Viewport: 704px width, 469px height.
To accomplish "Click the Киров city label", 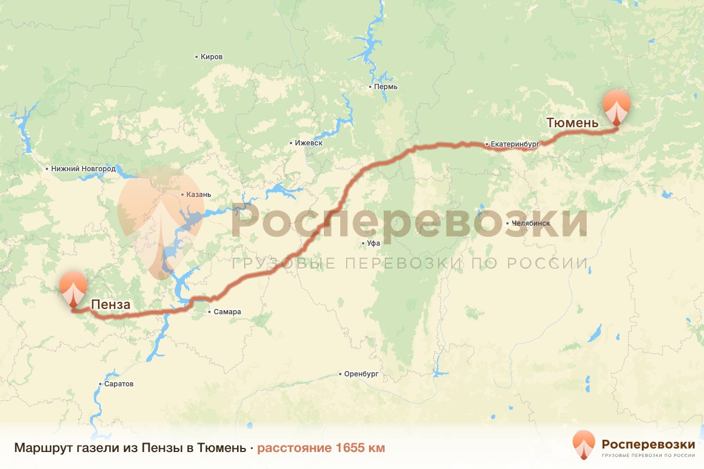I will coord(212,57).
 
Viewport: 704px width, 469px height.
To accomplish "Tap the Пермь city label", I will coord(385,87).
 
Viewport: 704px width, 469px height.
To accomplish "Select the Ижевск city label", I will coord(309,143).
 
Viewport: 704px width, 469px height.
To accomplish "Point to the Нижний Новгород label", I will coord(83,169).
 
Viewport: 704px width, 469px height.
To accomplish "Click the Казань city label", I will coord(199,195).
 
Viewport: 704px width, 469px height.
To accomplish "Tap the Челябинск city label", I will coord(530,223).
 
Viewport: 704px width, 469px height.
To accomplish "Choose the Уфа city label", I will coord(374,243).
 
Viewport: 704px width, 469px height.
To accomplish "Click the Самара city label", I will coord(227,312).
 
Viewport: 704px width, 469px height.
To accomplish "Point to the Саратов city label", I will coord(119,384).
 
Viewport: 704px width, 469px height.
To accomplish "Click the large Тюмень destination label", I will coord(572,123).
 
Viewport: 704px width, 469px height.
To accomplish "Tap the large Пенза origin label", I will coord(110,305).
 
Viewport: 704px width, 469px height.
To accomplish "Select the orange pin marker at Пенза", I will coord(73,287).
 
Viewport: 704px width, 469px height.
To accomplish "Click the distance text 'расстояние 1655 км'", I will coord(321,448).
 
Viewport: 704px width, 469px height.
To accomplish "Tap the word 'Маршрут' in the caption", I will coord(40,448).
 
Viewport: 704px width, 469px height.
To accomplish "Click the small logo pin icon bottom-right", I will coord(584,444).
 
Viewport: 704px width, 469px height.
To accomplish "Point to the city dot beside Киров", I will coord(197,57).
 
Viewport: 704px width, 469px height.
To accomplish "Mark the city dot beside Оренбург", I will coord(340,374).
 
